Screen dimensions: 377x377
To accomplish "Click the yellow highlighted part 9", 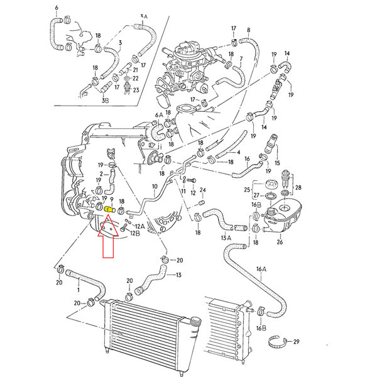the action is click(109, 209).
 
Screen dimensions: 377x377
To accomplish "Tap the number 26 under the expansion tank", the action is click(280, 242).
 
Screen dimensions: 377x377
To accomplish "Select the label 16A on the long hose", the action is click(261, 269).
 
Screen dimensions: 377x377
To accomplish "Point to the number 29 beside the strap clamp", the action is click(296, 341).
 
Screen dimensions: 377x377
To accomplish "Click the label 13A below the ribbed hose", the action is click(226, 238).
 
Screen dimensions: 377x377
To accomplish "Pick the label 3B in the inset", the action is click(105, 101).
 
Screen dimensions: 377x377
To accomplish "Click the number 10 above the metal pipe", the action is click(155, 187).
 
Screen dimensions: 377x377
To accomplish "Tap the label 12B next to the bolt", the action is click(135, 233).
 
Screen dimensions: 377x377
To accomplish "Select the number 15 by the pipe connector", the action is click(277, 163).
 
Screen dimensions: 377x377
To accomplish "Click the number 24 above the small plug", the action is click(203, 190).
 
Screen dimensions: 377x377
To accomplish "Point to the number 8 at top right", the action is click(248, 30).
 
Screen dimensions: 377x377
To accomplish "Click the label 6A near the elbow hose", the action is click(159, 115).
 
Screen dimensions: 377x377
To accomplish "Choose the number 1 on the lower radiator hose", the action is click(79, 290).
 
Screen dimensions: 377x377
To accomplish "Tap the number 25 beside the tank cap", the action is click(247, 190).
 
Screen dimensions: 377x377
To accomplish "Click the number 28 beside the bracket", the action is click(298, 187).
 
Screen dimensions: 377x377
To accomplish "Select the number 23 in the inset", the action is click(136, 90).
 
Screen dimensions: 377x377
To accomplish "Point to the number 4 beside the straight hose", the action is click(238, 152).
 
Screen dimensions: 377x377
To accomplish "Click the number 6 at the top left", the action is click(57, 8).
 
